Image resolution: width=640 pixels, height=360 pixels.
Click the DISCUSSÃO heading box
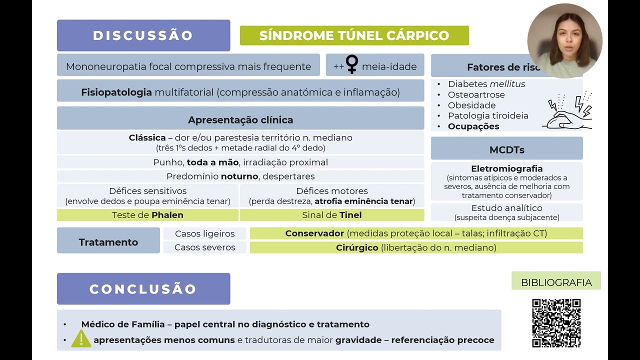coord(143,35)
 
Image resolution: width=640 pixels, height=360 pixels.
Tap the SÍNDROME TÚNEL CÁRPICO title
coord(354,35)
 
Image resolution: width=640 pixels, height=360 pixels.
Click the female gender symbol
coord(352,64)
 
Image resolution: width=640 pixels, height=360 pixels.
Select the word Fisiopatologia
coord(116,92)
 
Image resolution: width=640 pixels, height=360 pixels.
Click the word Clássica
coord(147,137)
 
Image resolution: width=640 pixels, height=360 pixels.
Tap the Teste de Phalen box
coord(147,215)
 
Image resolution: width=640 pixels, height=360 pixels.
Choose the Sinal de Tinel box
coord(332,215)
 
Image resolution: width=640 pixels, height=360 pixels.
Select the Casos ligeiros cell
coord(204,233)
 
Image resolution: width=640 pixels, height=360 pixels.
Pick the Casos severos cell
coord(204,247)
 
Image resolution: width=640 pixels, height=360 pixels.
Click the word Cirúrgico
coord(357,247)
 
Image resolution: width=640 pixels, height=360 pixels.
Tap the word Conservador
coord(314,233)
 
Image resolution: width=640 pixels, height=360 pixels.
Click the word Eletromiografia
coord(507,168)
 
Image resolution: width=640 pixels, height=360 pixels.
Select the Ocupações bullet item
coord(473,126)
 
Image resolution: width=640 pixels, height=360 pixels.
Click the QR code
coord(556,323)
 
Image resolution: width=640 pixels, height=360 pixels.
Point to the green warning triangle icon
coord(81,339)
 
